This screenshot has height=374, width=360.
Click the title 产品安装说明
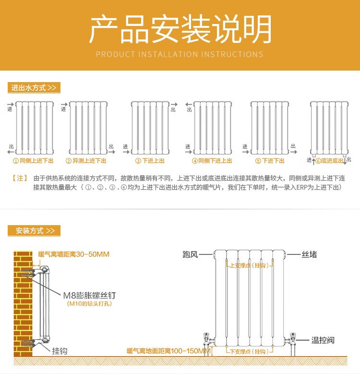(180, 29)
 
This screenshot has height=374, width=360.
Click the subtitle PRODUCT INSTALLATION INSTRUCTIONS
(180, 54)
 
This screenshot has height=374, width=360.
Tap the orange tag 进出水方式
(34, 88)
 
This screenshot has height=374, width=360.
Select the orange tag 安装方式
(34, 231)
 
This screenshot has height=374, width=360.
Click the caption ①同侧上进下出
(33, 161)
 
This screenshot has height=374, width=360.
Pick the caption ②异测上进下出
(86, 161)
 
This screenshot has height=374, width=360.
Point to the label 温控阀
(323, 340)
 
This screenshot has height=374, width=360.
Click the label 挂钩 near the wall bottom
(60, 351)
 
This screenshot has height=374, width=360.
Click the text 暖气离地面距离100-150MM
(168, 351)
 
